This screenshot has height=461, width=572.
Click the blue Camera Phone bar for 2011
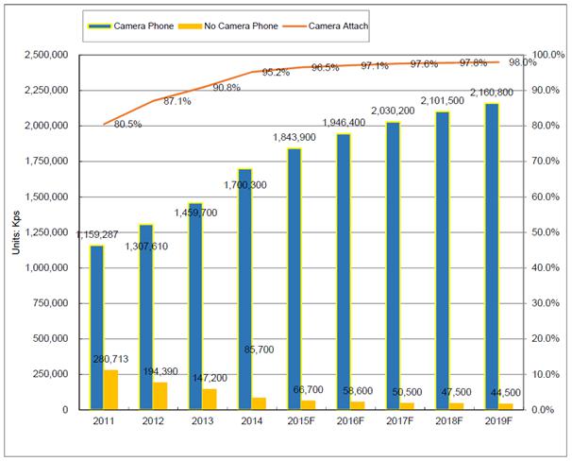(x=97, y=327)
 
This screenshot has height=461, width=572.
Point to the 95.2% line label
(x=275, y=72)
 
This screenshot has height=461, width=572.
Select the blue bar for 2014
(x=245, y=289)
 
